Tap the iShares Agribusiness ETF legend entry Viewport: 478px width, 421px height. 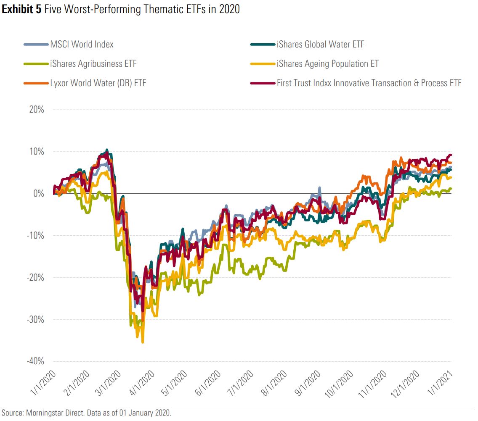click(93, 63)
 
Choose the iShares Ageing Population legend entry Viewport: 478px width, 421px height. click(327, 63)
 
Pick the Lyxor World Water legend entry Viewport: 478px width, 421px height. click(98, 83)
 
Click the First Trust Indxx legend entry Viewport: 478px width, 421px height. click(369, 83)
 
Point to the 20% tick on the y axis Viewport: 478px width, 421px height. click(36, 110)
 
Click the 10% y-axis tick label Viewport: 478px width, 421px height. click(36, 152)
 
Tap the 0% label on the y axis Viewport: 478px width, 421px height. click(39, 194)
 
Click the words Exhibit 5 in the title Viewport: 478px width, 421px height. click(21, 9)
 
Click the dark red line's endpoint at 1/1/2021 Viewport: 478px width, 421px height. click(451, 155)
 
